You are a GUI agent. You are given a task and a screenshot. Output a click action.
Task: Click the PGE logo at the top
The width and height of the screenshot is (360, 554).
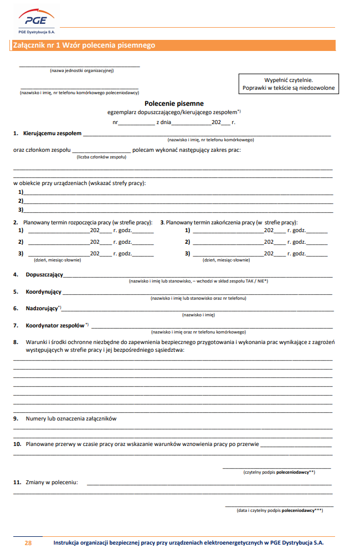pyautogui.click(x=35, y=20)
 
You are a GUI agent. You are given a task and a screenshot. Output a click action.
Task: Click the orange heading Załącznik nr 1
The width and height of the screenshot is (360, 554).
pyautogui.click(x=83, y=45)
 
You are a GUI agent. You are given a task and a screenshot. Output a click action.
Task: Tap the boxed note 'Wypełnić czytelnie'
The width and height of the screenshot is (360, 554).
pyautogui.click(x=288, y=80)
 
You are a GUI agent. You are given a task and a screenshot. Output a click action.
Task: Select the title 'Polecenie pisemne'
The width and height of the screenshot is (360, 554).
pyautogui.click(x=174, y=104)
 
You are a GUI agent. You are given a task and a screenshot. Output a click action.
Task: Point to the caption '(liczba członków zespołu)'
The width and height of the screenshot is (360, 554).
pyautogui.click(x=101, y=157)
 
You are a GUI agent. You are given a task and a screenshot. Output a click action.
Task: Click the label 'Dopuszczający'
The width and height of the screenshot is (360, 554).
pyautogui.click(x=44, y=275)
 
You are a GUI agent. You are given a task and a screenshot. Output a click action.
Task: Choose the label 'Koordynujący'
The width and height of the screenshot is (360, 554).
pyautogui.click(x=44, y=292)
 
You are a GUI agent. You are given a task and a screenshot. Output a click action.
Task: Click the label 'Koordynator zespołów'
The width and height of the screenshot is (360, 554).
pyautogui.click(x=55, y=325)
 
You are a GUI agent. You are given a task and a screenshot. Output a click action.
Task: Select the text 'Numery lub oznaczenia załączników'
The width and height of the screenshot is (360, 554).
pyautogui.click(x=71, y=419)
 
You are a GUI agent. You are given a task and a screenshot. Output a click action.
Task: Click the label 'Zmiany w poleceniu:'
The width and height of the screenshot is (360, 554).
pyautogui.click(x=52, y=483)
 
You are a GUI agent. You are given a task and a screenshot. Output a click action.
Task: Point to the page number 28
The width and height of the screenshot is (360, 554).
pyautogui.click(x=28, y=543)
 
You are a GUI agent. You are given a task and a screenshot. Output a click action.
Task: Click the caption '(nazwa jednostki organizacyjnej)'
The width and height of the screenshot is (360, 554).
pyautogui.click(x=81, y=70)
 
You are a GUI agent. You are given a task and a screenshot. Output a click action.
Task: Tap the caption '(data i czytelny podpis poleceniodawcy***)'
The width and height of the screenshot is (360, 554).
pyautogui.click(x=279, y=510)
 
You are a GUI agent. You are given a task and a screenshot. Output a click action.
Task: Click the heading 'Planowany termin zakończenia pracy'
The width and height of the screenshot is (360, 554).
pyautogui.click(x=232, y=222)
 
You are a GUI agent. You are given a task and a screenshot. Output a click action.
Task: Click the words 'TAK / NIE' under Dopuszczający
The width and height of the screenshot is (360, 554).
pyautogui.click(x=256, y=281)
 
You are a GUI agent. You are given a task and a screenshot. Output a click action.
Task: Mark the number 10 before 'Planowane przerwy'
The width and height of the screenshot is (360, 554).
pyautogui.click(x=17, y=444)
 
